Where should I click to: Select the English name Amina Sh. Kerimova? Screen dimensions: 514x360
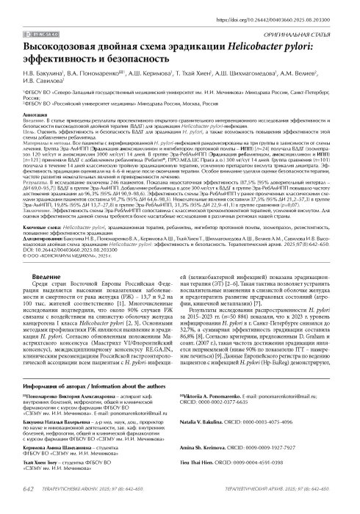pos(228,468)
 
